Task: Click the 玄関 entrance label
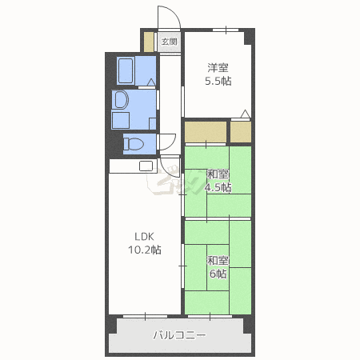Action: coord(168,41)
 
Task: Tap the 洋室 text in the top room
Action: coord(218,67)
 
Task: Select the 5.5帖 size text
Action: coord(218,81)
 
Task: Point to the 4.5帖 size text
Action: coord(218,188)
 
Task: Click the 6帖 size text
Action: coord(218,274)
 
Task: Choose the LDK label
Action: coord(143,236)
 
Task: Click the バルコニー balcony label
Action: coord(179,336)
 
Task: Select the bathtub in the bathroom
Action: coord(127,70)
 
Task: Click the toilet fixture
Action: coord(134,144)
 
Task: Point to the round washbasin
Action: coord(121,100)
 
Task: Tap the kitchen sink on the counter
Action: coord(146,166)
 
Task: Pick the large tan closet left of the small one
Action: coord(206,130)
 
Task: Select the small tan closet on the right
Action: coord(241,130)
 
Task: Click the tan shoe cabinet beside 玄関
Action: coord(148,41)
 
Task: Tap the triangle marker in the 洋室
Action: coord(246,114)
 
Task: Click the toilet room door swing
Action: coord(168,142)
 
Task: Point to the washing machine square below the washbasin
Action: coord(121,121)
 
